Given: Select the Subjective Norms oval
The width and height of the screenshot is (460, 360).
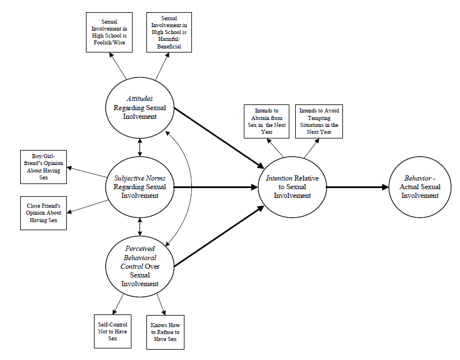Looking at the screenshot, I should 140,187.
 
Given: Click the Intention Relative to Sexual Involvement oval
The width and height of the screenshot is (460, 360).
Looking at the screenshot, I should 292,187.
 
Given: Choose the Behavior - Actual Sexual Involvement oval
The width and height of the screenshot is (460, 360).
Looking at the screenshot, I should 420,187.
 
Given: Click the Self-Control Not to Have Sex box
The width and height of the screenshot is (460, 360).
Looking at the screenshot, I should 112,331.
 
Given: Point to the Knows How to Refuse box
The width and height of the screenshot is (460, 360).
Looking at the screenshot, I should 165,331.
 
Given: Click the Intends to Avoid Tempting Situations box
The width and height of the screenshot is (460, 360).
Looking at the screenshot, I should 319,121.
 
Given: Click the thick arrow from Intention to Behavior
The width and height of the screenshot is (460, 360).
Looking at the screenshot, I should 357,187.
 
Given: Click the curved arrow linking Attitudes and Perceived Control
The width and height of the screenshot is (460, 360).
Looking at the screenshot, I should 191,188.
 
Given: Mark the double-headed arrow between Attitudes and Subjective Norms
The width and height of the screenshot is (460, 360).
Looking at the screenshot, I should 140,147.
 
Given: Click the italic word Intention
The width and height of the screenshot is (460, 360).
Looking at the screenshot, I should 278,178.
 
